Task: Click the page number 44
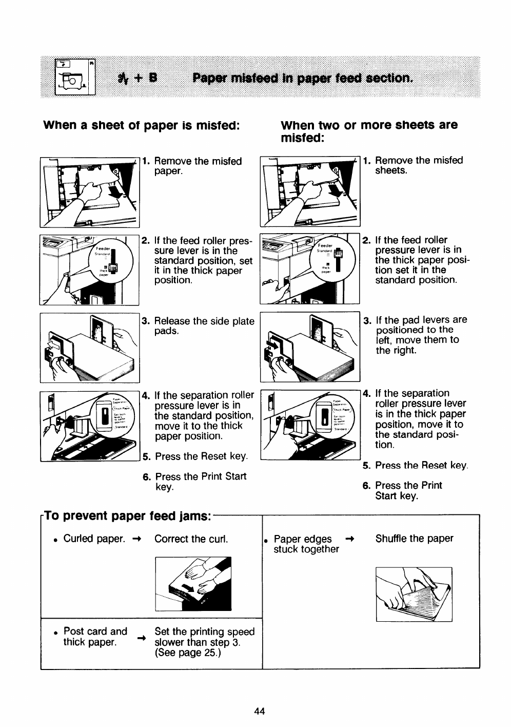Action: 259,711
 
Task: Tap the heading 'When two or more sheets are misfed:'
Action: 368,131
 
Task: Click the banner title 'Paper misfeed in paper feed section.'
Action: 302,79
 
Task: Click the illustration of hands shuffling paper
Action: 414,594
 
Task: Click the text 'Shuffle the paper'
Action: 414,539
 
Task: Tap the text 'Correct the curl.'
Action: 191,539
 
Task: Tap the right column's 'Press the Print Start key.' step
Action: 408,491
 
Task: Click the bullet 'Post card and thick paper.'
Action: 95,637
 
